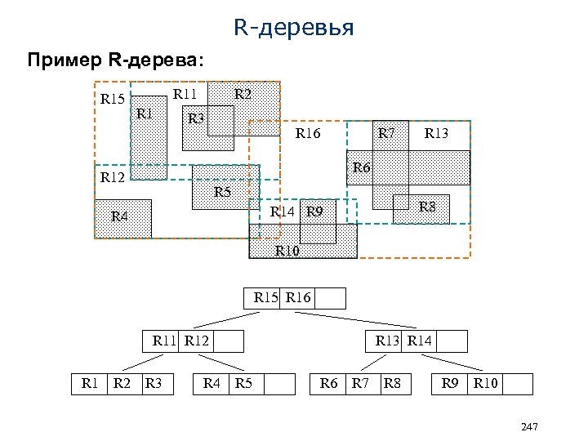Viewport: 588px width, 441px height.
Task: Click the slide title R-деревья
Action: pos(293,29)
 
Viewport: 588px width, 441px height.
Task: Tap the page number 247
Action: pos(528,428)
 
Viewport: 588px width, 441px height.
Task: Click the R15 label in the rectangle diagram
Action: pos(112,100)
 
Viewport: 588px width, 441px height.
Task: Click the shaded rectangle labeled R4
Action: pos(122,217)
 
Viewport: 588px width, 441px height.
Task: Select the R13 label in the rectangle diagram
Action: pos(436,133)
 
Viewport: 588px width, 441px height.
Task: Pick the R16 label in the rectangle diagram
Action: pos(308,133)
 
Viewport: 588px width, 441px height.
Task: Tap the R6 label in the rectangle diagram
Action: pos(362,167)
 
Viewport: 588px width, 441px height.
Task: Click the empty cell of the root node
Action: pos(330,298)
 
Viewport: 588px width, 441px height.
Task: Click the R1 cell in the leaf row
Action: pos(89,383)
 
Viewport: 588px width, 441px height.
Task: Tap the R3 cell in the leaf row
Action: pos(154,383)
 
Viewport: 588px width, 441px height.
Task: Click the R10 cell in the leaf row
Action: pos(484,383)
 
